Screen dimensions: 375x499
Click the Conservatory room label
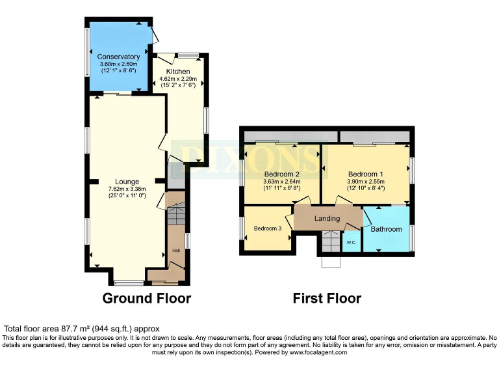119,57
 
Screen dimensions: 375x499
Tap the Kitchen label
178,71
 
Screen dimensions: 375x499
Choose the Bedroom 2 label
281,174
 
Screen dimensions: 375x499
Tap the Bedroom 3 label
268,229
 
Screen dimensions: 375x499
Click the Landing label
327,219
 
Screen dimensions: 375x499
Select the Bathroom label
386,229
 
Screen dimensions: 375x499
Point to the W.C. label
351,243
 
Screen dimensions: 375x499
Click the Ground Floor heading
147,299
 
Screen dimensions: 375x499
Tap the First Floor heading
327,299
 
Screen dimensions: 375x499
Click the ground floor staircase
176,215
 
